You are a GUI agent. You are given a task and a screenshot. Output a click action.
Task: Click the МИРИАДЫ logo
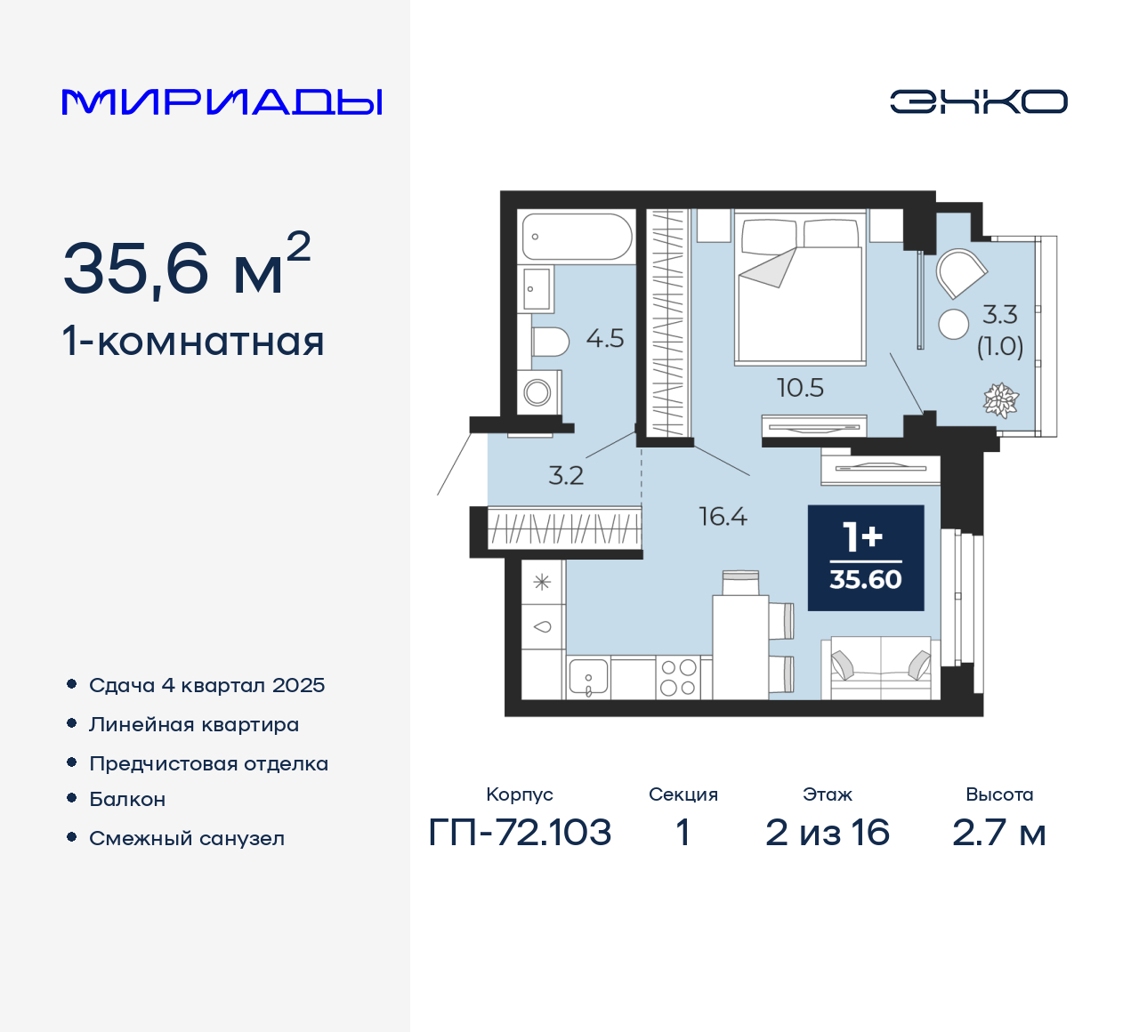(222, 102)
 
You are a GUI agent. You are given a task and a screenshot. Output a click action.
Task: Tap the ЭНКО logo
(978, 101)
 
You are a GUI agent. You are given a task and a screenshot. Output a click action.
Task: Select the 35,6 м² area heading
(187, 266)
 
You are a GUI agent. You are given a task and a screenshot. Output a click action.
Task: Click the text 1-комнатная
(193, 342)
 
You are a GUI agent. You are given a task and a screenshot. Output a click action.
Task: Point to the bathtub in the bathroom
(577, 237)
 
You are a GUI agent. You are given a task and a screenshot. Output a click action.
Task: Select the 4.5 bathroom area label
(605, 339)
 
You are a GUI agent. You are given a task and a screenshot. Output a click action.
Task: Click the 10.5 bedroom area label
(800, 388)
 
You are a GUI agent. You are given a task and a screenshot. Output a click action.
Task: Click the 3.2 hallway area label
(566, 476)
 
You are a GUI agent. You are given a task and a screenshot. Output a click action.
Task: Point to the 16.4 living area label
(723, 517)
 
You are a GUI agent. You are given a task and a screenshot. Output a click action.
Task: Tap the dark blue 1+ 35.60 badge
(865, 558)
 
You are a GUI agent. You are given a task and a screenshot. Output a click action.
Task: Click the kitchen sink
(588, 678)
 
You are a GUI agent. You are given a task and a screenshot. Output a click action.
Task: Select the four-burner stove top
(678, 678)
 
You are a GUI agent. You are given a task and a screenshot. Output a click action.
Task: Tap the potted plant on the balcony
(1000, 400)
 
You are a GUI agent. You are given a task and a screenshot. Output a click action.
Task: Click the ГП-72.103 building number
(520, 833)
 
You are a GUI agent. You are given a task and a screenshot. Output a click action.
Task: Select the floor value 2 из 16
(827, 833)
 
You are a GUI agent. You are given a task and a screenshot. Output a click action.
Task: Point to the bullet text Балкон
(127, 799)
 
